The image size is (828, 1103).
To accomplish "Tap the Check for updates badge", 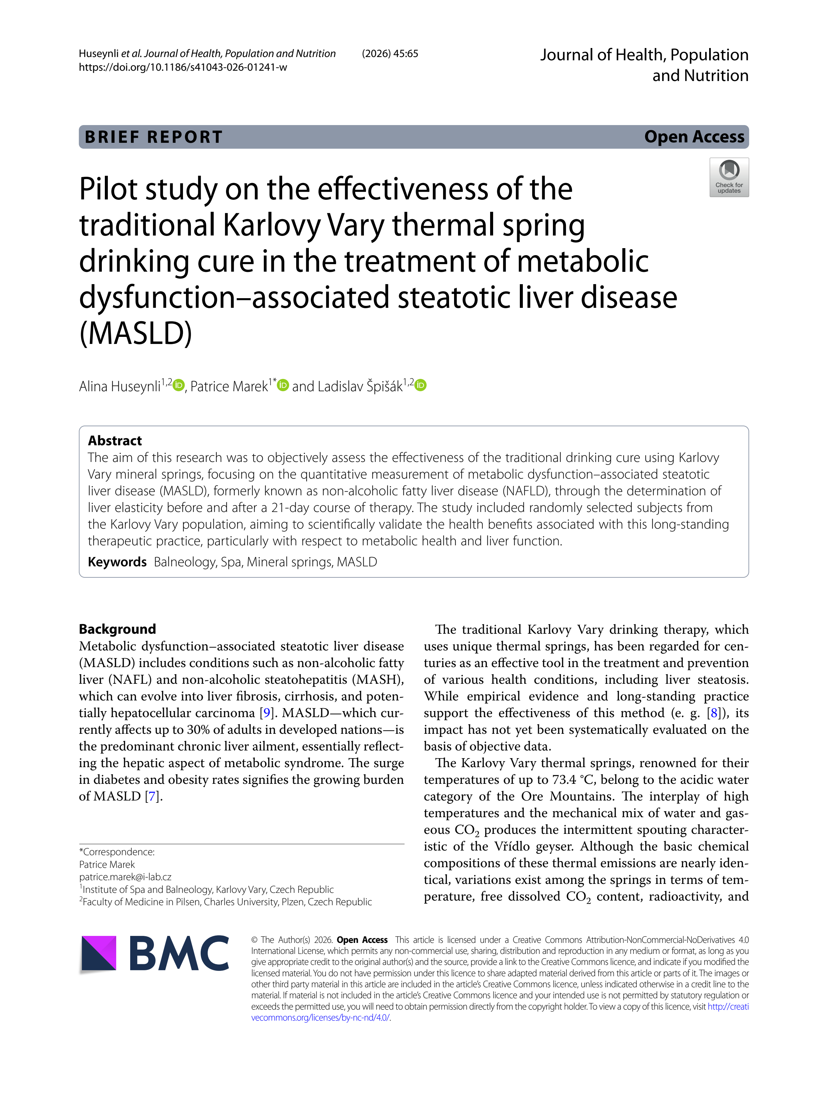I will [729, 177].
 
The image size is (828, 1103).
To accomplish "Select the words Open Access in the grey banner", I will [694, 137].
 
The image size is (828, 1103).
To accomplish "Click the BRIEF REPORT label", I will [154, 137].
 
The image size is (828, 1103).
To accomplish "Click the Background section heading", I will [117, 629].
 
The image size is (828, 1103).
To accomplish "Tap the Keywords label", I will [117, 562].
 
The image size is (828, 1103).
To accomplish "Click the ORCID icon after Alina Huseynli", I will [179, 385].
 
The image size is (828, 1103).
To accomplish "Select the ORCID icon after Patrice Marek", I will [283, 385].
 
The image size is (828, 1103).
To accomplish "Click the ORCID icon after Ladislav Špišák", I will [421, 385].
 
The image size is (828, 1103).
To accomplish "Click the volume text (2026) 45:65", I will [390, 54].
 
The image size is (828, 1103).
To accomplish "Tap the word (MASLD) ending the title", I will [136, 333].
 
